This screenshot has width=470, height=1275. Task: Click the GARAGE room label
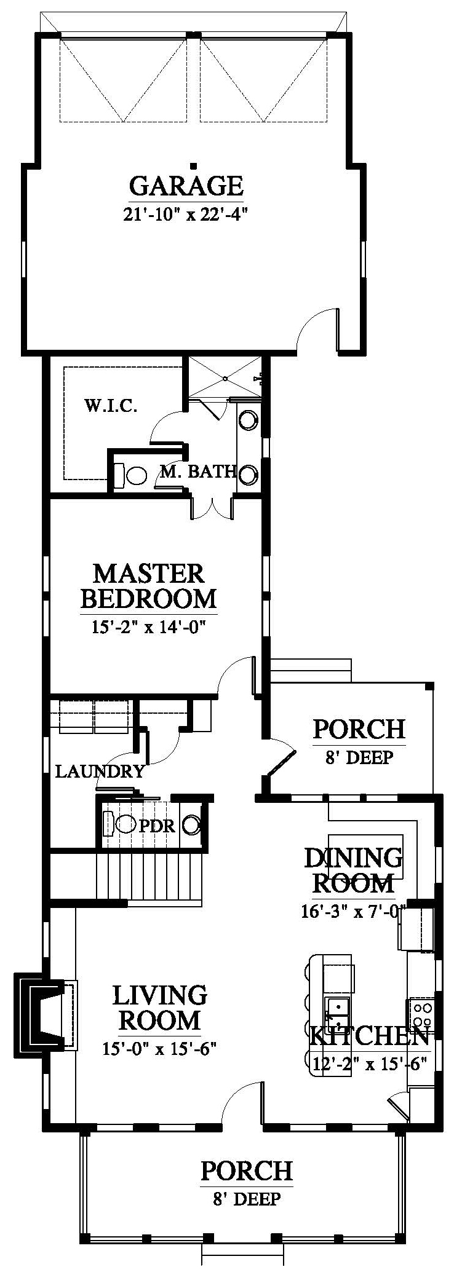[x=186, y=184]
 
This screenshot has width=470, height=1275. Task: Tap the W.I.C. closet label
[x=111, y=406]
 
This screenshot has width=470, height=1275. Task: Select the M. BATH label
[x=198, y=472]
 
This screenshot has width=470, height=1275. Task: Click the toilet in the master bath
[x=130, y=475]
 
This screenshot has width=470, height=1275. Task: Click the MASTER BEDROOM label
[x=149, y=585]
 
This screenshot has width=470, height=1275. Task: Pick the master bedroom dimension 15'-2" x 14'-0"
[x=149, y=627]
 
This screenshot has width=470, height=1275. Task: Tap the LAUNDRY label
[x=100, y=771]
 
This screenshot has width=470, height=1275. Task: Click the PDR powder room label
[x=157, y=826]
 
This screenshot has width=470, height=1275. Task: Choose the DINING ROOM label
[x=354, y=870]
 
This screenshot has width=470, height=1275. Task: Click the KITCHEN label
[x=368, y=1036]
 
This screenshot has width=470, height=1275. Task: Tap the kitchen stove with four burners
[x=421, y=1014]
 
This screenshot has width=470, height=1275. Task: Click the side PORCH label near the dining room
[x=359, y=729]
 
